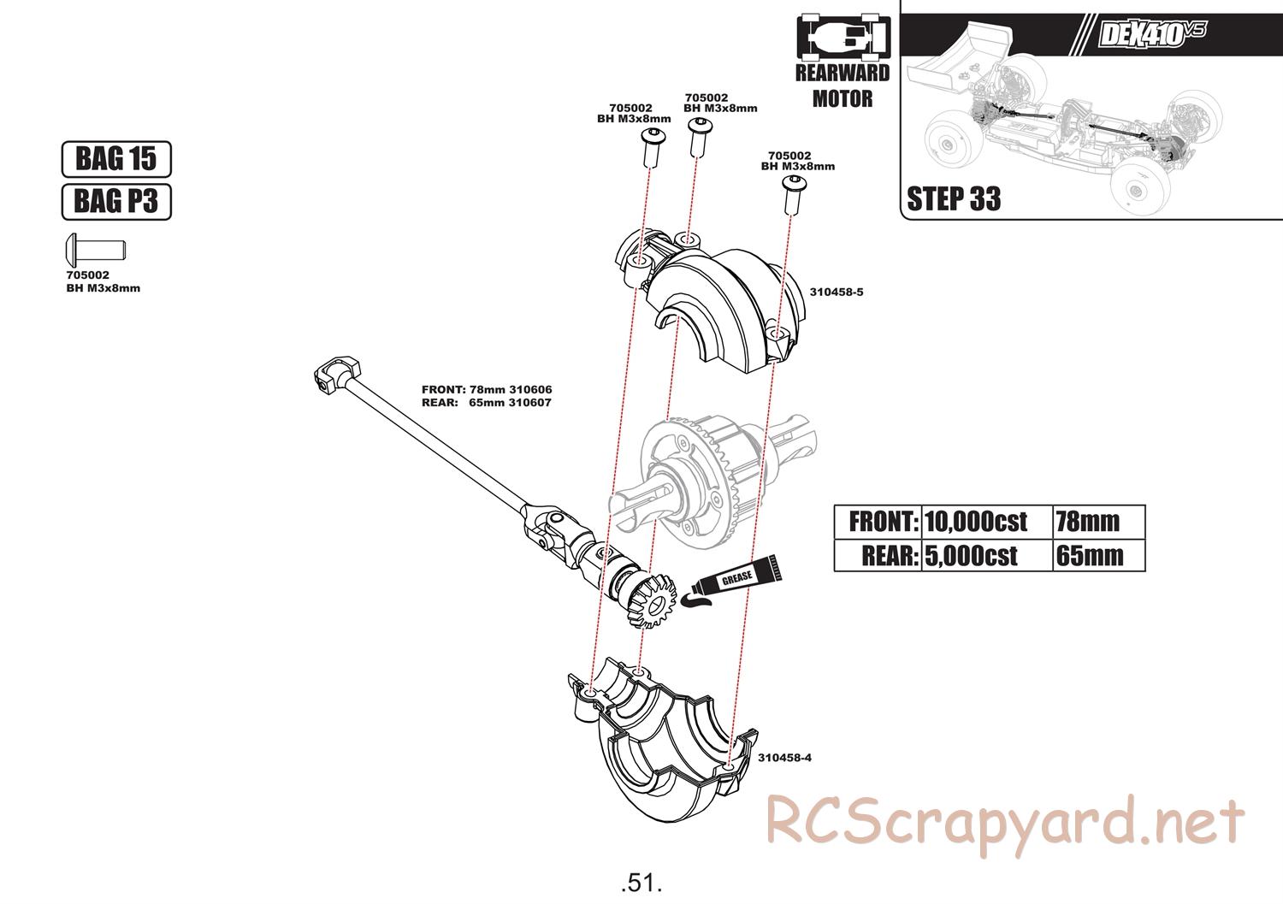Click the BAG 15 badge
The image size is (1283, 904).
pyautogui.click(x=116, y=159)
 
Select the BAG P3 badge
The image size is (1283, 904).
pyautogui.click(x=116, y=202)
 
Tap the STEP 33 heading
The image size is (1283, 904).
pyautogui.click(x=954, y=199)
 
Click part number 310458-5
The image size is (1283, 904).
pyautogui.click(x=837, y=292)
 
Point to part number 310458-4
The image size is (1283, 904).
pyautogui.click(x=784, y=758)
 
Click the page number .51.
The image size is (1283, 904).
pyautogui.click(x=641, y=882)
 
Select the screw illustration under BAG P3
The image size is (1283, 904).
pyautogui.click(x=95, y=250)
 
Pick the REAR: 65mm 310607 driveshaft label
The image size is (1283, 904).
pyautogui.click(x=487, y=403)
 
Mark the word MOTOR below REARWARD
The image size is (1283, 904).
pyautogui.click(x=843, y=98)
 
